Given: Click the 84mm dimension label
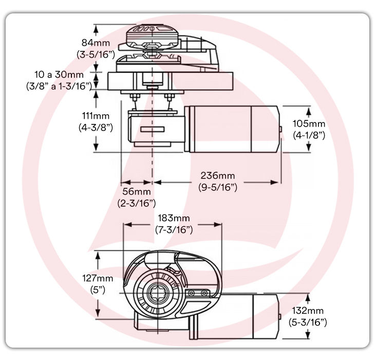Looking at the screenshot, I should coord(97,42).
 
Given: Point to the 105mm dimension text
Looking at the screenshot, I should coord(309,124).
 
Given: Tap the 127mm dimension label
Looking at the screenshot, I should coord(97,278).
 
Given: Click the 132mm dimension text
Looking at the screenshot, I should coord(308,311).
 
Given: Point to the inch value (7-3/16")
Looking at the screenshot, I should coord(174,229).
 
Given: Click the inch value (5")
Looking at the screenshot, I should coord(97,290).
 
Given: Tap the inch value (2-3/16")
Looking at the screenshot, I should coord(136,203).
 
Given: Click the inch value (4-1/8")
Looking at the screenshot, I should coord(309,135).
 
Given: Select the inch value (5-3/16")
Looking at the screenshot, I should coord(308,322).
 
